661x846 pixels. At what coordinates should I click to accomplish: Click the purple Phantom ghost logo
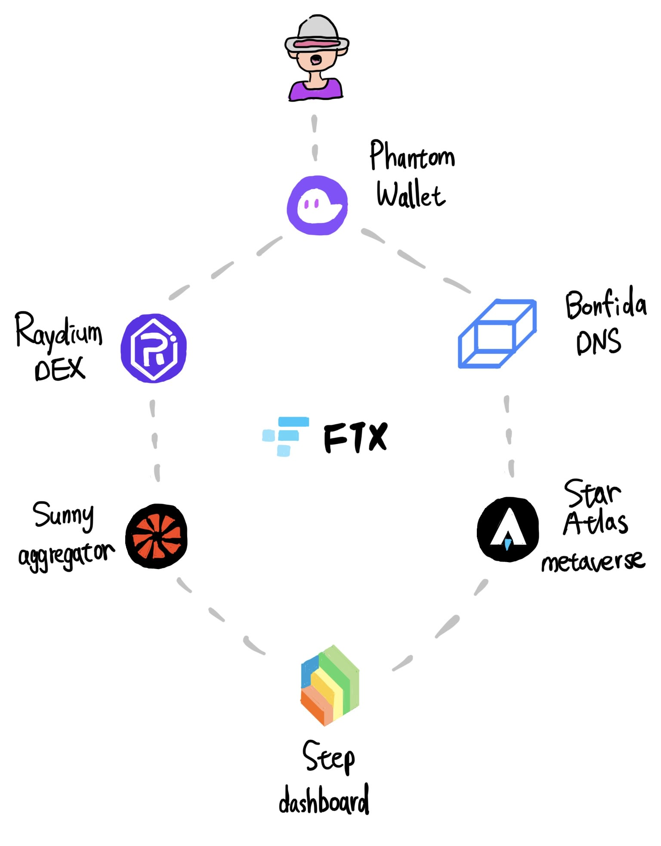point(318,205)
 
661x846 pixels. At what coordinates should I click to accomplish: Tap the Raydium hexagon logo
point(154,348)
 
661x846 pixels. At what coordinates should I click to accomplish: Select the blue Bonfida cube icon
point(497,334)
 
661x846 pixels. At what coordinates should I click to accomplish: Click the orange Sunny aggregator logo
point(157,536)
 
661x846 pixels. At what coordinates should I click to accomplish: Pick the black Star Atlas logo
point(508,529)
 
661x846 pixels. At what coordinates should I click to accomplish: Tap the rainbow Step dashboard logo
point(330,686)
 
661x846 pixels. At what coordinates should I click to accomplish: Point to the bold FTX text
point(355,437)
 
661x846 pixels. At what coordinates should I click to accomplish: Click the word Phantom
point(412,155)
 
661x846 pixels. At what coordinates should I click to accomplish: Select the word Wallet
point(411,194)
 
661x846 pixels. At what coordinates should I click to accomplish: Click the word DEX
point(60,369)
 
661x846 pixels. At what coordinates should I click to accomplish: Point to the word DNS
point(599,341)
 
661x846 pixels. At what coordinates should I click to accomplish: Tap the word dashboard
point(324,799)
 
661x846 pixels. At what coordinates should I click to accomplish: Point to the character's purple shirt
point(315,89)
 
